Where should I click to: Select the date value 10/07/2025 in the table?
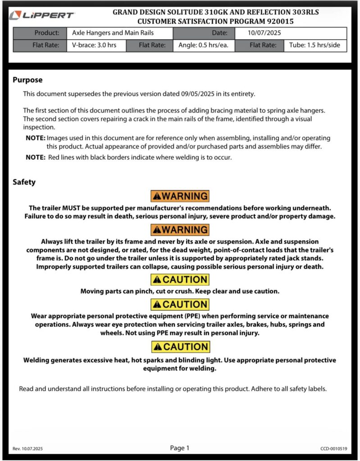[264, 33]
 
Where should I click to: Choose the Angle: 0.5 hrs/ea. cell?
[204, 45]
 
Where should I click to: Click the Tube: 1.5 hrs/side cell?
[315, 45]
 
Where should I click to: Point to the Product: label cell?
[46, 33]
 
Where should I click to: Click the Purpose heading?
[27, 80]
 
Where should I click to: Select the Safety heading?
[24, 182]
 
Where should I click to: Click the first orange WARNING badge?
[180, 196]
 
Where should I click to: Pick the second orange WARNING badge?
[180, 230]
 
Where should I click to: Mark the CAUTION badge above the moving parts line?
[180, 280]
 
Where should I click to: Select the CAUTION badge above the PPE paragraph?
[180, 304]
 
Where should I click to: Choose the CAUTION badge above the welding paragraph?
[180, 347]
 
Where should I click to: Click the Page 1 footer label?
[180, 448]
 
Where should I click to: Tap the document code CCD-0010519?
[334, 449]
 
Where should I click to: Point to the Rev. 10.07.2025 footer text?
[28, 449]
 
